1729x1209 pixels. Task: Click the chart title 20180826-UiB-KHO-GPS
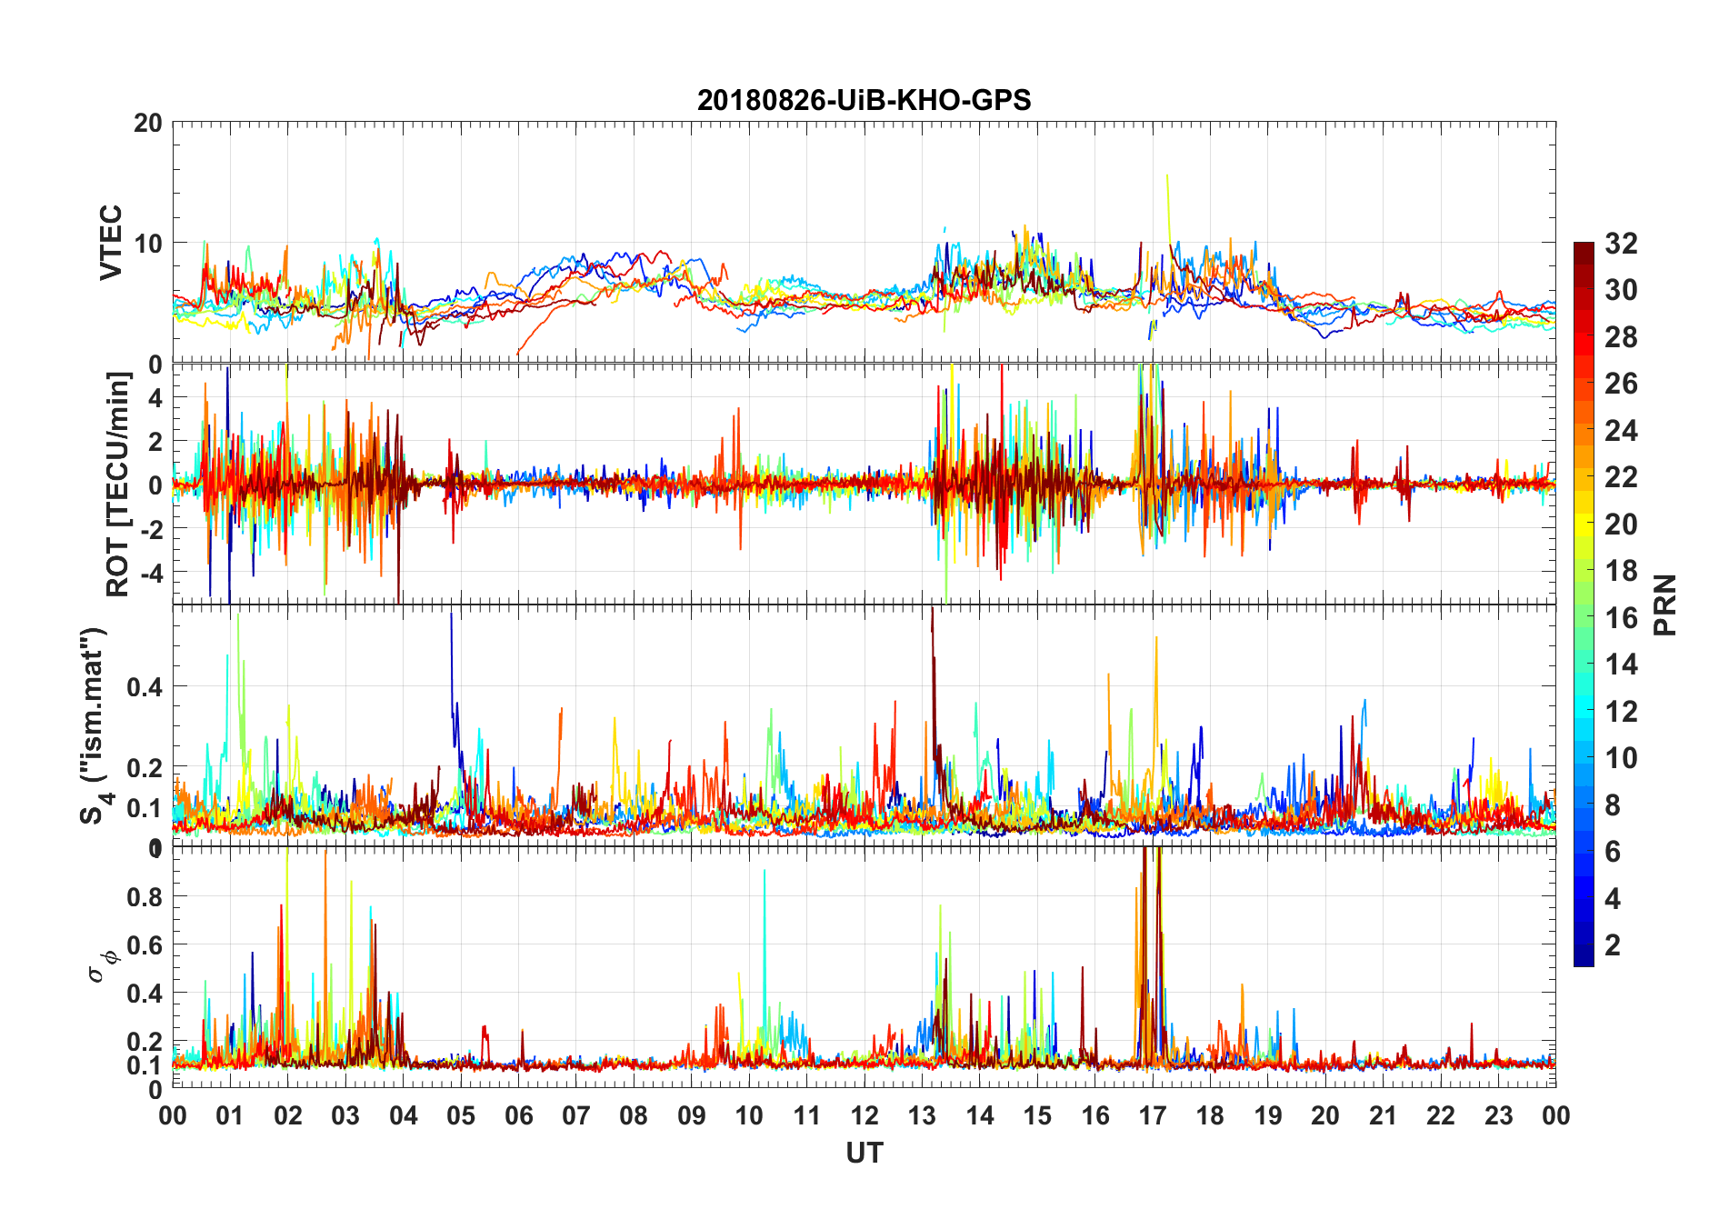pos(864,100)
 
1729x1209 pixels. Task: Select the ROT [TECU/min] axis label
pos(118,484)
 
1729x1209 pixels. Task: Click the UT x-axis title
pos(864,1154)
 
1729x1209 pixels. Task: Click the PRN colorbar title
pos(1665,604)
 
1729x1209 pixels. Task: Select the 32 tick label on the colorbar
pos(1621,244)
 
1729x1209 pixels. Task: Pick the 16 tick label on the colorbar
pos(1621,618)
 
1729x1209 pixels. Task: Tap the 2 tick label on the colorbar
pos(1613,945)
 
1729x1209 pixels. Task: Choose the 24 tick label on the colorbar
pos(1621,431)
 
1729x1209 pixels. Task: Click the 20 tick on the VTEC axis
pos(148,123)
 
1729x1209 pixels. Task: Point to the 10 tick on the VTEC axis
pos(148,244)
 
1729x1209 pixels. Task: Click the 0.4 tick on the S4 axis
pos(145,687)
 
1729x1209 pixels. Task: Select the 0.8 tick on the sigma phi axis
pos(145,897)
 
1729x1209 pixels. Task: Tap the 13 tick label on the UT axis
pos(922,1115)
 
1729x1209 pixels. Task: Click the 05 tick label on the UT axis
pos(461,1115)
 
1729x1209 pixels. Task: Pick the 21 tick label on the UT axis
pos(1383,1115)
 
